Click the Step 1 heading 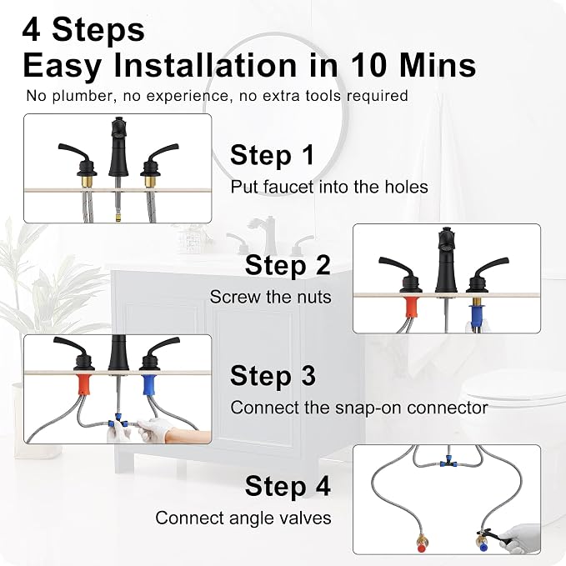(x=273, y=155)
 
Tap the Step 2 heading (x=288, y=265)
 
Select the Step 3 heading (x=273, y=376)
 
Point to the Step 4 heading (x=288, y=486)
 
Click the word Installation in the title (x=206, y=65)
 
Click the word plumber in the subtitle (x=83, y=97)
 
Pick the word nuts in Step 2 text (x=314, y=298)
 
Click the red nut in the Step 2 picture (x=410, y=307)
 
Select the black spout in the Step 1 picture (x=118, y=147)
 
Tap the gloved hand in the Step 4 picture (x=523, y=538)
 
